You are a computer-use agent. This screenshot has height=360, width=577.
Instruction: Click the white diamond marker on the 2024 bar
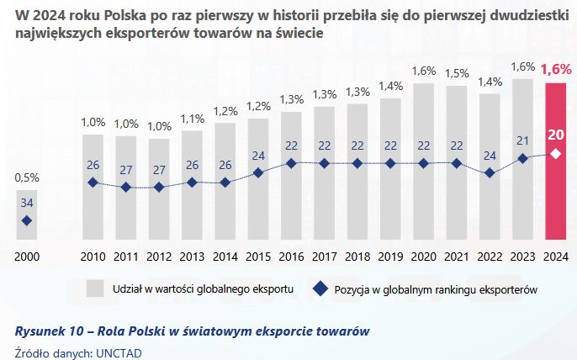tap(554, 153)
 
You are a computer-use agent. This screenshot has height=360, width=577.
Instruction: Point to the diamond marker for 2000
tap(26, 220)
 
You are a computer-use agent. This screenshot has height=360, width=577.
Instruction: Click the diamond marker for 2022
tap(489, 172)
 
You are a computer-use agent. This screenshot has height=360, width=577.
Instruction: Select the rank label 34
tap(26, 203)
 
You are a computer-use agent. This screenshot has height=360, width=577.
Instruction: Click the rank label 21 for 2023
tap(521, 140)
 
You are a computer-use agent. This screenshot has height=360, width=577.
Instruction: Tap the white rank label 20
tap(554, 134)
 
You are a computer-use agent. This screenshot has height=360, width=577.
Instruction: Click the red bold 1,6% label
tap(554, 69)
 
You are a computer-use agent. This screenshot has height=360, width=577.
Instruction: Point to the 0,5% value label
tap(26, 177)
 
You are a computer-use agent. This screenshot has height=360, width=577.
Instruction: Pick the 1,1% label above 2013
tap(192, 119)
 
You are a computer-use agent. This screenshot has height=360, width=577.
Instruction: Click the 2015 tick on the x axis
tap(257, 255)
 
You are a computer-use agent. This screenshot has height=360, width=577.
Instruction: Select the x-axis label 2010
tap(93, 255)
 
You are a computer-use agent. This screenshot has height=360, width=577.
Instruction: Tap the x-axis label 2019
tap(389, 255)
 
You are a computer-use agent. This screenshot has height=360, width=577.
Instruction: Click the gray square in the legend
tap(95, 289)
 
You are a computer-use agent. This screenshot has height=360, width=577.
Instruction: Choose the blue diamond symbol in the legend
tap(320, 289)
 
